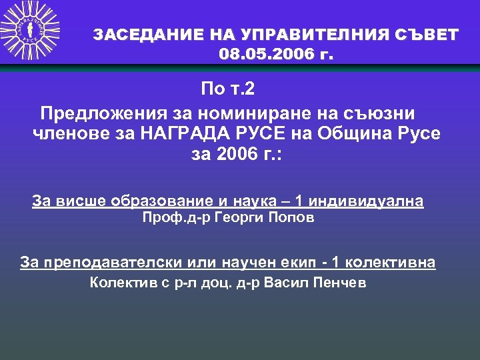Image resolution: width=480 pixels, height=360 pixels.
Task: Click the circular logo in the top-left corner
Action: coord(30,30)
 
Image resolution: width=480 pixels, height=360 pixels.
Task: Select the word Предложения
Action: coord(96,111)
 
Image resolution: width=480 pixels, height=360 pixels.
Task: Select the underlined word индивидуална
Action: coord(365,201)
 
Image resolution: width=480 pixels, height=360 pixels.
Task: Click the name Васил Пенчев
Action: coord(315,282)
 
